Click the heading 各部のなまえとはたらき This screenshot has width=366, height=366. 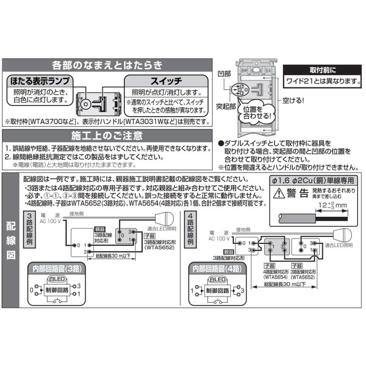[x=107, y=65]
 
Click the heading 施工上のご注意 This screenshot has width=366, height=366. [x=107, y=135]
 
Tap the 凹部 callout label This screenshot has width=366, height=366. [x=224, y=74]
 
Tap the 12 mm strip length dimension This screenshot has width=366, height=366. [x=332, y=205]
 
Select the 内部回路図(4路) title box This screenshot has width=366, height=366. [x=218, y=268]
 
